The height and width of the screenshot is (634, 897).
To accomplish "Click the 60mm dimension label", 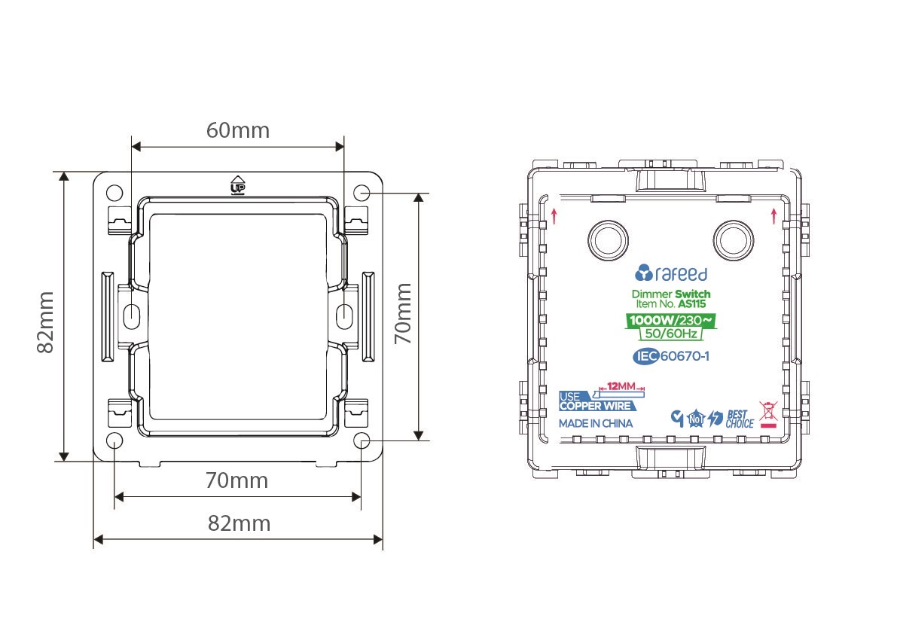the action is click(238, 130).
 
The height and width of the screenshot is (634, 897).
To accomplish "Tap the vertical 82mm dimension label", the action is click(46, 322).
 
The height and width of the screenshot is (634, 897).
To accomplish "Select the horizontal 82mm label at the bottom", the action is click(239, 523).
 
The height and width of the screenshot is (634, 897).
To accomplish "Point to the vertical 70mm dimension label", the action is click(403, 313).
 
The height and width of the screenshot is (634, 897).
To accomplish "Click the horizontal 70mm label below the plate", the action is click(236, 480).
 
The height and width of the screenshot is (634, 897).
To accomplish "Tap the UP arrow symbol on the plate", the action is click(237, 184).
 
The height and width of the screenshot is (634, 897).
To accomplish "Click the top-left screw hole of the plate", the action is click(114, 192).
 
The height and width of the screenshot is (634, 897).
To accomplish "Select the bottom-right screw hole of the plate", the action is click(362, 440).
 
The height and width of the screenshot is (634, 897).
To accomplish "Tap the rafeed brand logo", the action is click(671, 273).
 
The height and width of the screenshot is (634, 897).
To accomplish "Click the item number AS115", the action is click(691, 304).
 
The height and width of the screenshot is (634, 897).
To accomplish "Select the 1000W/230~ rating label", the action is click(670, 320).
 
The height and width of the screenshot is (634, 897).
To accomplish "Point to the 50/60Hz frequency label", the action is click(671, 334).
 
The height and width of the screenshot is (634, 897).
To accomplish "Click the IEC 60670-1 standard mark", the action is click(671, 356).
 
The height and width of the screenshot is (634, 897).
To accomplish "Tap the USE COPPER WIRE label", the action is click(596, 401).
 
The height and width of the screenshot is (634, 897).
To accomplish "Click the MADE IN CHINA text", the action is click(596, 424).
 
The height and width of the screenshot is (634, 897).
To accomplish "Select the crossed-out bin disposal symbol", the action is click(768, 414).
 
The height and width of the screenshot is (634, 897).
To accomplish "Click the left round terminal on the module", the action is click(608, 240).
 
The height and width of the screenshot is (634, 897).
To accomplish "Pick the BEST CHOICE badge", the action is click(739, 419).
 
